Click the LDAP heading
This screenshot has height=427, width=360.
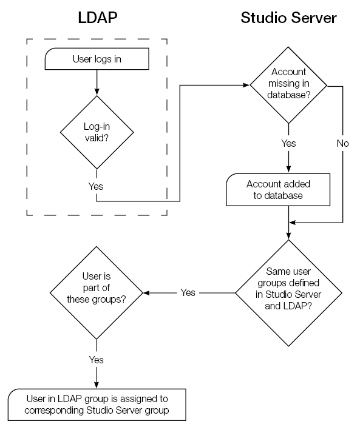tap(97, 18)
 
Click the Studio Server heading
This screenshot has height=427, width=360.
tap(288, 18)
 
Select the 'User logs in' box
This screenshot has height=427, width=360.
tap(97, 59)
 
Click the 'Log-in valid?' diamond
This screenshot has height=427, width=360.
tap(97, 132)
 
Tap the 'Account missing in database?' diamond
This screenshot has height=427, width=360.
tap(288, 86)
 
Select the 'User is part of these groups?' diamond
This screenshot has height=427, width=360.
tap(97, 293)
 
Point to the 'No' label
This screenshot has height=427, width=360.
tap(344, 144)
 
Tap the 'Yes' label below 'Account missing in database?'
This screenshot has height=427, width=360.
tap(288, 144)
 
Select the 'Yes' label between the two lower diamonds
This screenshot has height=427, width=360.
tap(188, 293)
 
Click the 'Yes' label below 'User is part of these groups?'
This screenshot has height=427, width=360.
tap(97, 360)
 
